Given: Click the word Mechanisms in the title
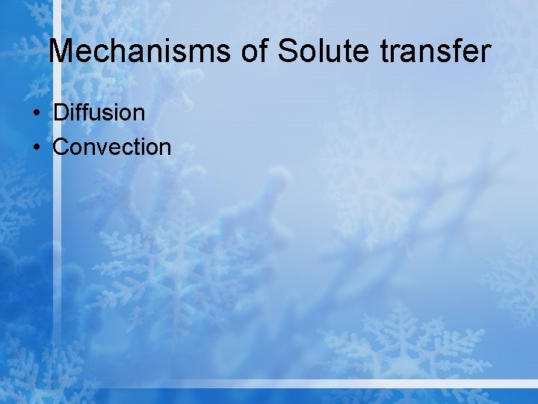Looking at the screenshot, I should (140, 52).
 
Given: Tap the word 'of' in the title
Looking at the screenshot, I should (256, 52).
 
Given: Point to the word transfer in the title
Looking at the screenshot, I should (436, 52).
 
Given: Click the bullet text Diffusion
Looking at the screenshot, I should (99, 113).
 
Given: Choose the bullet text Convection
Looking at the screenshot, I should (112, 147).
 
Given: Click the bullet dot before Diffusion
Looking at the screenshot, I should (36, 114).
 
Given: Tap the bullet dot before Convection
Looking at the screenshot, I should (36, 147).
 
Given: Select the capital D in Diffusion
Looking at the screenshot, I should (61, 113).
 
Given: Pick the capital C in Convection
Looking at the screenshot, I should (61, 147).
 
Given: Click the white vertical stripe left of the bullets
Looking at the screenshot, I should (55, 224).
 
